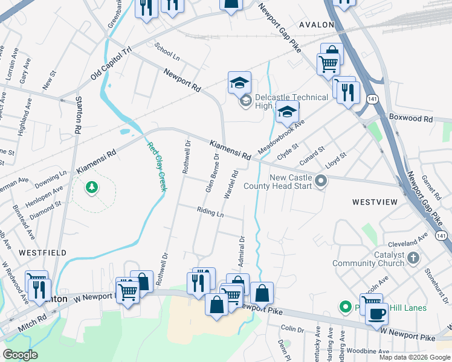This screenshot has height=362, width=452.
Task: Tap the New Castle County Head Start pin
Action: pyautogui.click(x=322, y=180)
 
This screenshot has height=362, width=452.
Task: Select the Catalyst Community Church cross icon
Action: pyautogui.click(x=413, y=259)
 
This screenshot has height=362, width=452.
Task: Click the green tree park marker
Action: pyautogui.click(x=91, y=188)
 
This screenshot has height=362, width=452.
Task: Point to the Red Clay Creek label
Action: pyautogui.click(x=157, y=166)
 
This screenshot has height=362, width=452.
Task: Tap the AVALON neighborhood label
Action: pyautogui.click(x=316, y=25)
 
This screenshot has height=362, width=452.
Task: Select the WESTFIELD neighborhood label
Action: pyautogui.click(x=42, y=253)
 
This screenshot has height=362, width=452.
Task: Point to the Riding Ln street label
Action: pyautogui.click(x=210, y=211)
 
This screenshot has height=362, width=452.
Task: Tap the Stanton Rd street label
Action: pyautogui.click(x=78, y=114)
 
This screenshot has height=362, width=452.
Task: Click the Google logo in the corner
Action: pyautogui.click(x=20, y=355)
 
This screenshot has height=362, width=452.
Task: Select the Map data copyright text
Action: pyautogui.click(x=414, y=357)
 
